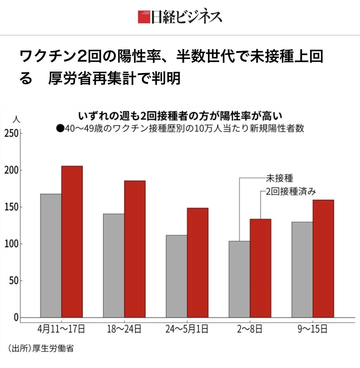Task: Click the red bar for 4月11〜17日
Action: [72, 242]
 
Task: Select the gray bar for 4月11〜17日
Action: [51, 256]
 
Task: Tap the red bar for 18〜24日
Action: [135, 249]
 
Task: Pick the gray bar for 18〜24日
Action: [114, 266]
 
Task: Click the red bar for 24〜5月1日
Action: [198, 263]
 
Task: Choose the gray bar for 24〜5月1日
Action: [177, 276]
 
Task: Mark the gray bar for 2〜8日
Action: [239, 279]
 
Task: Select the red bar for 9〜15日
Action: [323, 259]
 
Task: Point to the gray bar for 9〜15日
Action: [302, 270]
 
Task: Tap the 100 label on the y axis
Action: [11, 244]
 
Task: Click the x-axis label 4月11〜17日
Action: [61, 329]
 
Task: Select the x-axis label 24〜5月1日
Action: [187, 329]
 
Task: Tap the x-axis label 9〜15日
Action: [313, 329]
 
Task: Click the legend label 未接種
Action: [279, 178]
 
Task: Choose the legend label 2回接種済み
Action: [291, 192]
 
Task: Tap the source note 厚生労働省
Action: [53, 348]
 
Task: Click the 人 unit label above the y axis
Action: [16, 119]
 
